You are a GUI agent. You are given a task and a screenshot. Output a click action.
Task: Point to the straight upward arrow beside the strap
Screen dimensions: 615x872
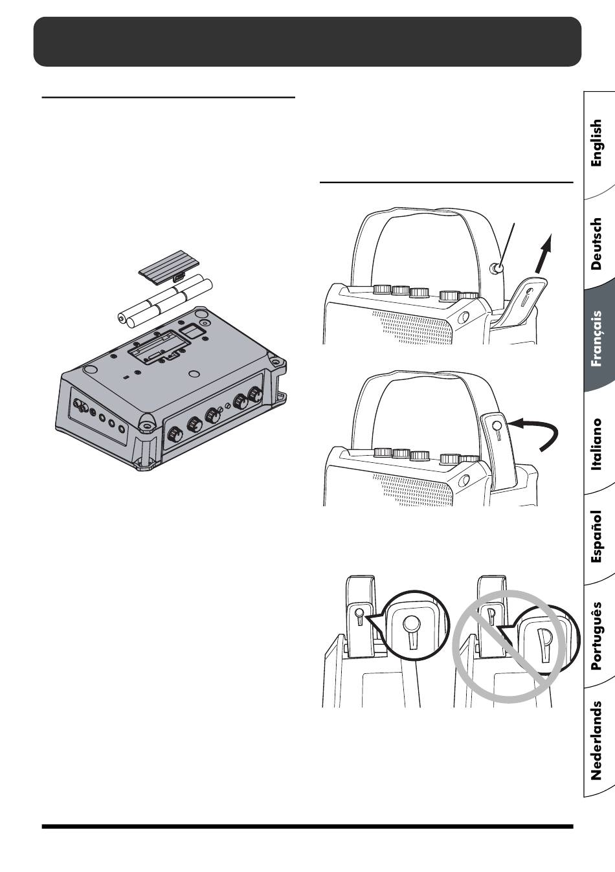click(x=544, y=253)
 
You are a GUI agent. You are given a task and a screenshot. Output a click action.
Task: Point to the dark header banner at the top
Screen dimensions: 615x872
click(x=307, y=41)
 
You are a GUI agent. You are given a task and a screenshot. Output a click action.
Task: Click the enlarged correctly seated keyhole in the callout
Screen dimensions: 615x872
click(x=412, y=632)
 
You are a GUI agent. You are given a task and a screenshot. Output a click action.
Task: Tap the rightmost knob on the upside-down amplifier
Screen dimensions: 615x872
click(x=255, y=394)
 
